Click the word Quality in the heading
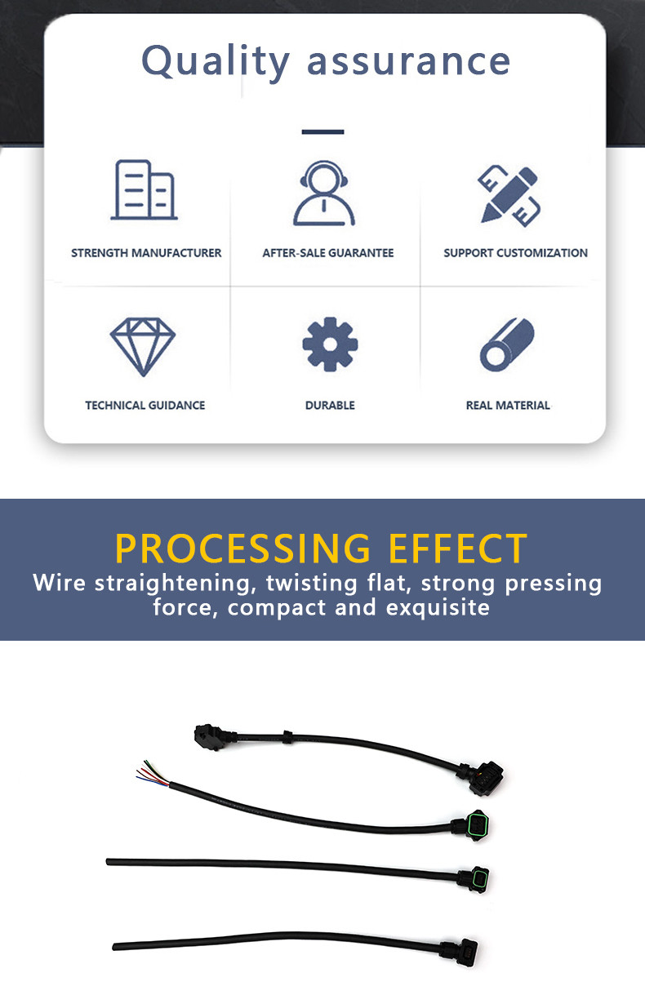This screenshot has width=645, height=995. (x=216, y=62)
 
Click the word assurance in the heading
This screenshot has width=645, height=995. (x=409, y=62)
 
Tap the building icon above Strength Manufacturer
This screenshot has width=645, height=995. (x=144, y=189)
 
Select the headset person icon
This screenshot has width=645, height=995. (x=324, y=193)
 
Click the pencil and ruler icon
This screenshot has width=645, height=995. (x=509, y=195)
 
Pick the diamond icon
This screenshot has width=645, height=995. (x=143, y=346)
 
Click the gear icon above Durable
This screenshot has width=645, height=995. (x=330, y=344)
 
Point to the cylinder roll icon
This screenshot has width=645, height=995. (x=507, y=344)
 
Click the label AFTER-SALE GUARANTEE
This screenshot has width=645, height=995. (x=328, y=253)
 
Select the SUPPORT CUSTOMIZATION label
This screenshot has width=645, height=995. (x=515, y=253)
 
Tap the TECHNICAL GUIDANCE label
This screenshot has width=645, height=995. (x=145, y=405)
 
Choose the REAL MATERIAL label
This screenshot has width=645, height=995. (x=508, y=405)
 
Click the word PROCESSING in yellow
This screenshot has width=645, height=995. (x=242, y=549)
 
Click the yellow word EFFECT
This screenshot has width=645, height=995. (x=458, y=549)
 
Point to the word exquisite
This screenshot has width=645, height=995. (x=438, y=607)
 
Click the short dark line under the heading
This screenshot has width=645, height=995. (x=323, y=131)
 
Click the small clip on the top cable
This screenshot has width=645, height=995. (x=287, y=736)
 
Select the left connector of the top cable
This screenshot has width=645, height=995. (x=213, y=737)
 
